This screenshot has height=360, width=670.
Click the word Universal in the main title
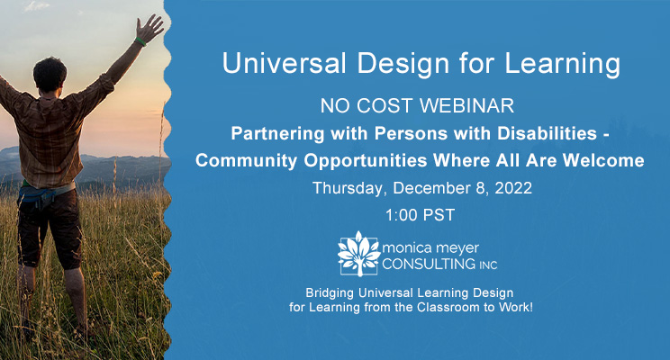(x=284, y=63)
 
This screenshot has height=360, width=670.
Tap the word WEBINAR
(x=467, y=106)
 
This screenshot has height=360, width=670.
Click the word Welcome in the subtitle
(x=603, y=160)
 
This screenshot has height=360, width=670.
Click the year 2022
(x=513, y=188)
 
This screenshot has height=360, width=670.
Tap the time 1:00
(x=402, y=215)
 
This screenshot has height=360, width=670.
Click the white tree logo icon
(x=358, y=254)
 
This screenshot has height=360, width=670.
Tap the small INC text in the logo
(x=488, y=265)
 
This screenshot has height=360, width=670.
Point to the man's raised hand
(x=149, y=27)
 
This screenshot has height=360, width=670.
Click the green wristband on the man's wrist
(x=140, y=42)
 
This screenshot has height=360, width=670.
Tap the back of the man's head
(x=50, y=75)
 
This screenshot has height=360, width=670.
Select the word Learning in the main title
(x=562, y=64)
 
